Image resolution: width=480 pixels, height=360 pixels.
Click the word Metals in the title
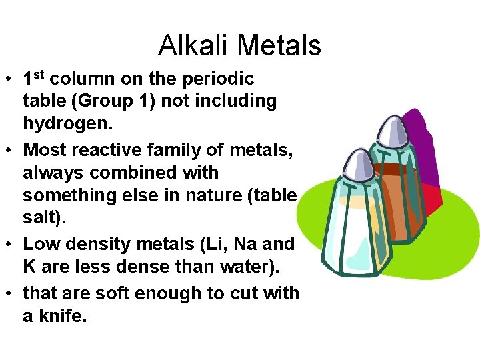tap(279, 45)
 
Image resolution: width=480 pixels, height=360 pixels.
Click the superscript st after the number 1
tap(39, 74)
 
